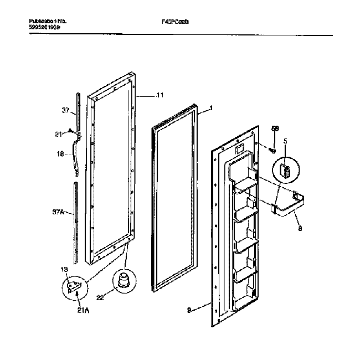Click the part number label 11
click(x=160, y=96)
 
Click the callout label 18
click(x=62, y=156)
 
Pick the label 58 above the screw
click(x=275, y=129)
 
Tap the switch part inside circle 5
click(x=285, y=169)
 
